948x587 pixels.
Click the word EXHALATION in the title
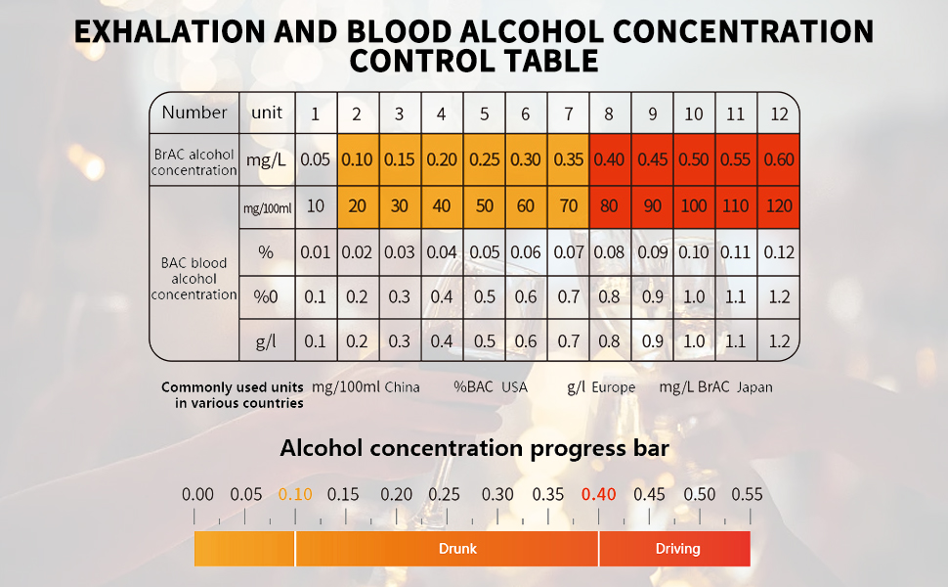tap(170, 31)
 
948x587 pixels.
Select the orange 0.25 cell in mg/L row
tap(485, 159)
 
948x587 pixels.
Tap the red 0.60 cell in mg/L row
tap(779, 159)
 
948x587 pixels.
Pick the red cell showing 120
tap(779, 207)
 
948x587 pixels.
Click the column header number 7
tap(569, 113)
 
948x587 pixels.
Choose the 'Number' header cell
tap(194, 113)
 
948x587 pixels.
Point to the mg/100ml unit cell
tap(267, 207)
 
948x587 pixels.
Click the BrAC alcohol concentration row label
tap(194, 162)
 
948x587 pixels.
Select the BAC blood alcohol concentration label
tap(194, 279)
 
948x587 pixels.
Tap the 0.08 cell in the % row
tap(610, 252)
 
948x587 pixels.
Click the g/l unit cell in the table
tap(267, 341)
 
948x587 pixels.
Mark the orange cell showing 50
tap(485, 207)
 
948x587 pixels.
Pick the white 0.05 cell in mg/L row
tap(316, 159)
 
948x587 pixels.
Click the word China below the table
tap(402, 387)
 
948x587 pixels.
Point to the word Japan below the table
tap(754, 387)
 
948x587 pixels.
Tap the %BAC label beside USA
tap(473, 387)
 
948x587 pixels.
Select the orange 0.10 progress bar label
tap(295, 494)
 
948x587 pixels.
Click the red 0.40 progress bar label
tap(598, 494)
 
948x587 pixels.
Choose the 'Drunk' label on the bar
tap(457, 549)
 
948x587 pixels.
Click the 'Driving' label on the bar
tap(677, 549)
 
